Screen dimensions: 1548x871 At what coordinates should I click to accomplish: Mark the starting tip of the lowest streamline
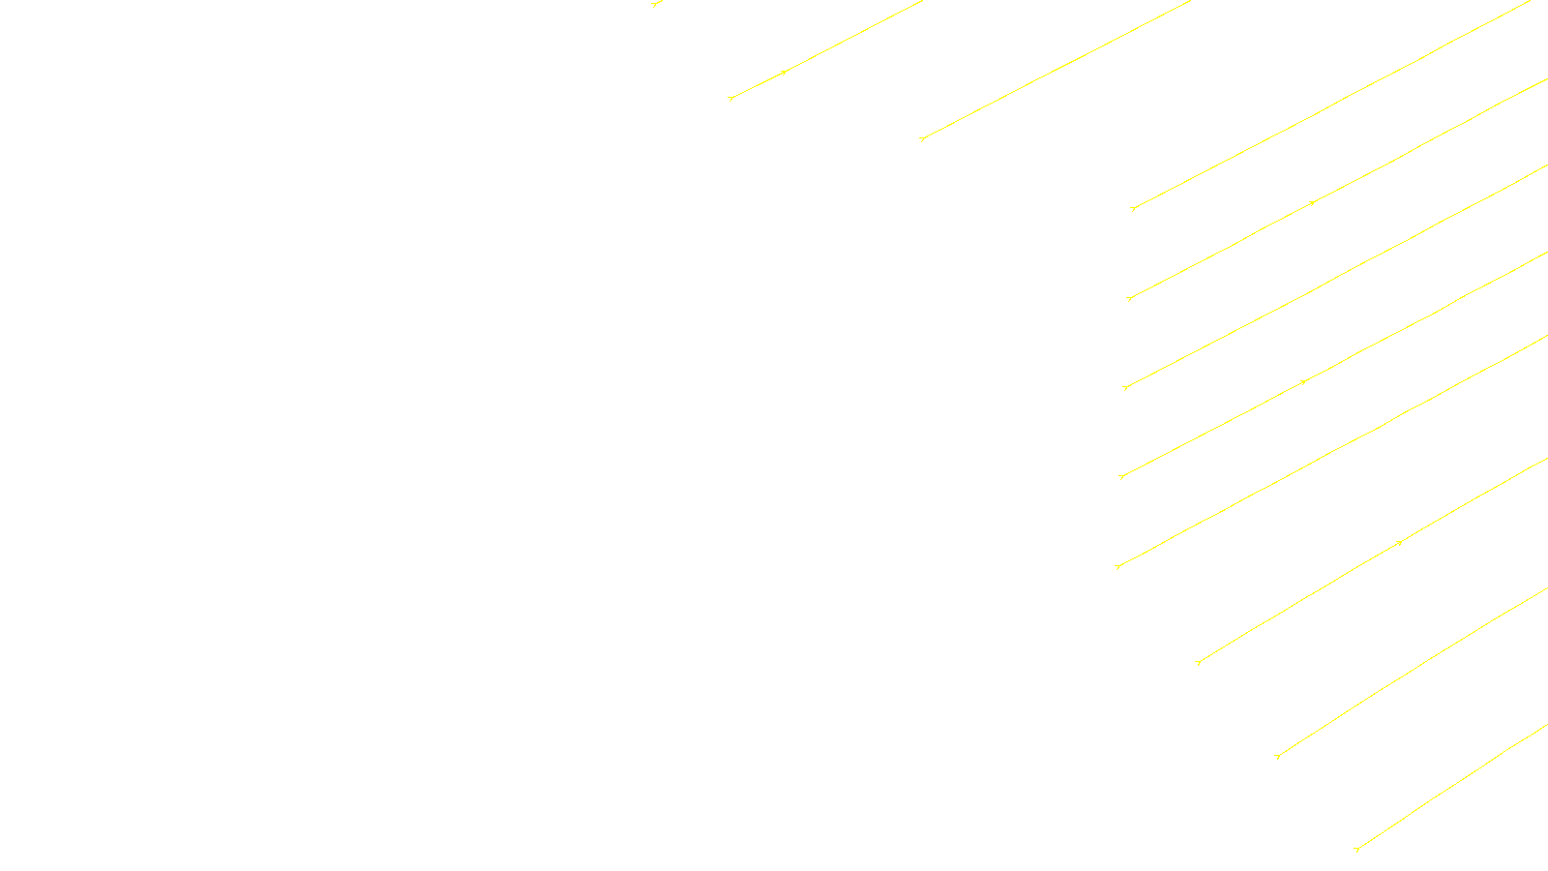point(1356,850)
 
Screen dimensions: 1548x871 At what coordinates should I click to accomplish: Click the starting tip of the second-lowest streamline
point(1277,756)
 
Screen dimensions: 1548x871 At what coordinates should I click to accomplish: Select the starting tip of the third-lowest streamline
point(1198,662)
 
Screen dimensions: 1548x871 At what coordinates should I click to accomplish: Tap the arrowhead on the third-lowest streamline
point(1399,543)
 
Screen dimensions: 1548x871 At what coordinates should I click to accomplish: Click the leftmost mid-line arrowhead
point(784,72)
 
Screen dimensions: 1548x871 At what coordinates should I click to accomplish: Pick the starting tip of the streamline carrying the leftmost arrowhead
point(730,98)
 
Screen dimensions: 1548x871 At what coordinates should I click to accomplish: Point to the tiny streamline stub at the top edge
point(656,4)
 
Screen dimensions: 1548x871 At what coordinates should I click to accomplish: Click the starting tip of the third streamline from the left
point(922,139)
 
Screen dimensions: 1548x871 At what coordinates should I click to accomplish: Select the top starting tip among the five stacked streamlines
point(1132,208)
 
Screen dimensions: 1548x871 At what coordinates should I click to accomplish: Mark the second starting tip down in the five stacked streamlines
point(1129,298)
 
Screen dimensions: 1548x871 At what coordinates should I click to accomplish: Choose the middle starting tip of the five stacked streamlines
point(1125,387)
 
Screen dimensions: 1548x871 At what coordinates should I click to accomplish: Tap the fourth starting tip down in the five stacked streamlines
point(1121,477)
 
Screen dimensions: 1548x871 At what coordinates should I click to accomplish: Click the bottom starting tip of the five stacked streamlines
point(1117,566)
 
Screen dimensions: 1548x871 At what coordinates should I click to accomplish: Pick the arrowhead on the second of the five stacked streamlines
point(1312,203)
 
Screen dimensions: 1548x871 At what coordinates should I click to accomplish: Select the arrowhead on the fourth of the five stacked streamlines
point(1304,382)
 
